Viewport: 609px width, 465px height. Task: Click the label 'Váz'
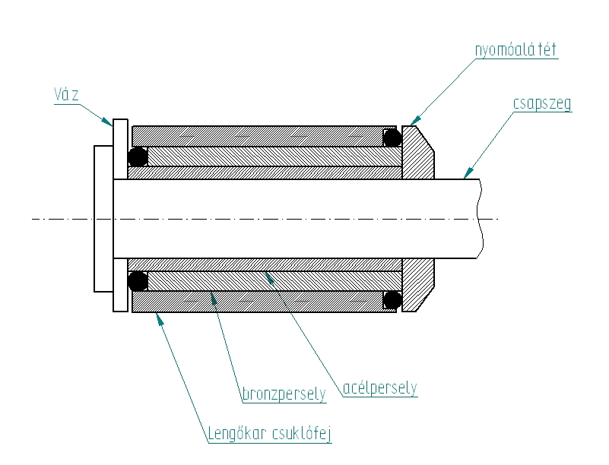click(66, 94)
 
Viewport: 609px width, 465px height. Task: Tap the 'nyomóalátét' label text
click(516, 51)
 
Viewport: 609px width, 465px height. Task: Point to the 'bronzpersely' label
click(284, 394)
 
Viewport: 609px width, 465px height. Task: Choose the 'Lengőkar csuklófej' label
click(270, 435)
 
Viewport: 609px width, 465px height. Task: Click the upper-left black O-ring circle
click(138, 157)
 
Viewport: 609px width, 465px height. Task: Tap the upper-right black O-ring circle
click(392, 138)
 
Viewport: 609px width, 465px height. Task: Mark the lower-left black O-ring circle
click(138, 281)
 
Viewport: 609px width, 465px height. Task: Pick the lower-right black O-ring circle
click(392, 299)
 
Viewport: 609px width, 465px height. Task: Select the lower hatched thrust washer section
click(417, 284)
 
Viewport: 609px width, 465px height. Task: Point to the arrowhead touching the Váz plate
click(109, 121)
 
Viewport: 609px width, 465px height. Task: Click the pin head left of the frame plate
click(103, 218)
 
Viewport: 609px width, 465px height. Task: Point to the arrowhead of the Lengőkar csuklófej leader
click(159, 318)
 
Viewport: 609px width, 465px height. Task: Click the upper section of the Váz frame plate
click(120, 148)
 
